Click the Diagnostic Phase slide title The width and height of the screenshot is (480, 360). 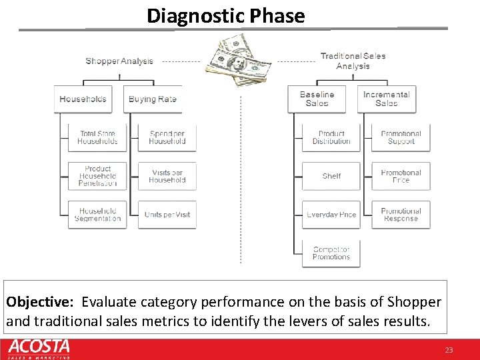click(225, 15)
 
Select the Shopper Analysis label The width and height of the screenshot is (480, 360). click(119, 61)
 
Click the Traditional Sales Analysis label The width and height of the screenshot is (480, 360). click(353, 61)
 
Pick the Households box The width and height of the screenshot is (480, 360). click(83, 99)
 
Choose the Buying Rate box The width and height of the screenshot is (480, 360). click(153, 99)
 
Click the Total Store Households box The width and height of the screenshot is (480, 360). click(97, 138)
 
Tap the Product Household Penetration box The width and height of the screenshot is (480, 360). click(97, 176)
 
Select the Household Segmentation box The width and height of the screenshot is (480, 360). click(97, 215)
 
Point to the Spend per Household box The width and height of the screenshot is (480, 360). click(167, 138)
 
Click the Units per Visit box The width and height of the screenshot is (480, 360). click(167, 215)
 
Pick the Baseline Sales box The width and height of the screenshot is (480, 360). click(317, 99)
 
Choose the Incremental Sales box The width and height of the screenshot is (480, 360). click(387, 99)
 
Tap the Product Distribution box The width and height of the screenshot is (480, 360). click(331, 138)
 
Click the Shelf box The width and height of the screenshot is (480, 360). click(331, 176)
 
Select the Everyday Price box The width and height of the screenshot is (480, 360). click(331, 215)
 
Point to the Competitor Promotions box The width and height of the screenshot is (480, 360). click(331, 253)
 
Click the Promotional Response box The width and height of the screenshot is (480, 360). click(401, 215)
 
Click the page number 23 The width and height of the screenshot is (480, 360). click(448, 350)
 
